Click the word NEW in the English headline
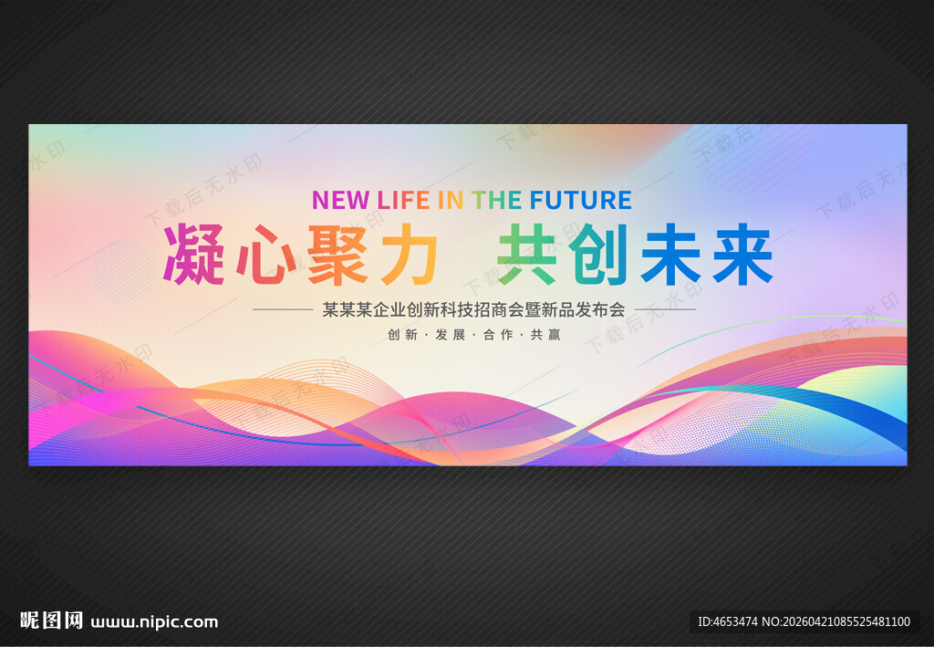coord(339,200)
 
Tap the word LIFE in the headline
coord(403,200)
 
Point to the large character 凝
coord(194,255)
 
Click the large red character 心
coord(266,255)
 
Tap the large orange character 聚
coord(338,255)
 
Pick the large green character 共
coord(528,255)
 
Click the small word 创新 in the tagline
coord(402,335)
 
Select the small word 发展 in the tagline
coord(451,335)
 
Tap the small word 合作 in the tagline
coord(498,335)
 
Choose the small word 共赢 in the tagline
coord(545,335)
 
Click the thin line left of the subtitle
coord(282,309)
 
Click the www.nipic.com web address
coord(154,622)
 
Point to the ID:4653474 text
coord(727,622)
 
